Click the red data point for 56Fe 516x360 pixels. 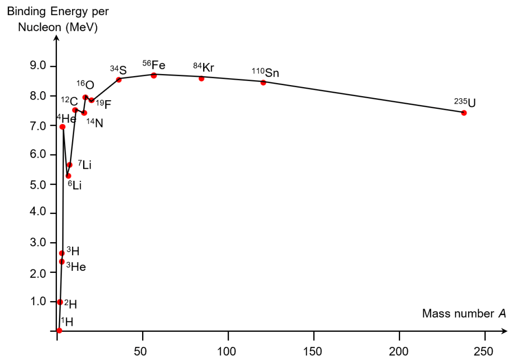point(154,76)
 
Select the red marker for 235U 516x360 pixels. point(464,113)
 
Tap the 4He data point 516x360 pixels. point(62,127)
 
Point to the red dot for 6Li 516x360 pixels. point(69,176)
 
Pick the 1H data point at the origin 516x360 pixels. point(59,330)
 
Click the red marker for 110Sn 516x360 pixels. point(263,83)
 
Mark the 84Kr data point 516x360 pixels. point(202,79)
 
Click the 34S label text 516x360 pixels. point(118,69)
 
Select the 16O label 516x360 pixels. point(85,84)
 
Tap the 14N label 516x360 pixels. point(94,122)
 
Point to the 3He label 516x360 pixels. point(76,267)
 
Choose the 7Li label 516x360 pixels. point(85,165)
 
